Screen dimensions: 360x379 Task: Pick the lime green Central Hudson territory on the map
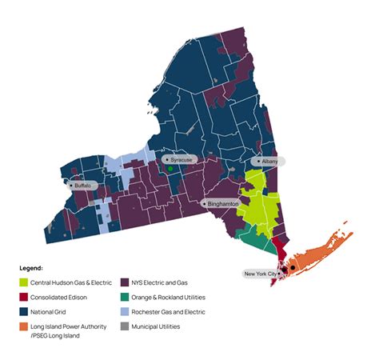click(260, 204)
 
